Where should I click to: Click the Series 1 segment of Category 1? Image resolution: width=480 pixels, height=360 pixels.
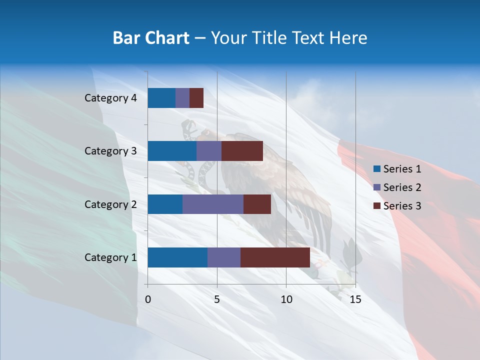click(177, 257)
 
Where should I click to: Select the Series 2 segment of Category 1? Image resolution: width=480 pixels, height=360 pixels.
click(224, 257)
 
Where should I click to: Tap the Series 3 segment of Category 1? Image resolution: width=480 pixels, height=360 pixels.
click(275, 257)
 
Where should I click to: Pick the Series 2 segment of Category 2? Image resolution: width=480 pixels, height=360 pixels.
click(213, 204)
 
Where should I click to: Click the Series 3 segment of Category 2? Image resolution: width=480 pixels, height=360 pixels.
click(257, 204)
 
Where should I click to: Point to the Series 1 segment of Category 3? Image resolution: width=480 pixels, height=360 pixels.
click(172, 151)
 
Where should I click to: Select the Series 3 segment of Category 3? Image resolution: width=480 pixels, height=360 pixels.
click(242, 151)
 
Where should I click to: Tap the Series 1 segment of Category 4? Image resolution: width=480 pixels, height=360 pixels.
click(161, 98)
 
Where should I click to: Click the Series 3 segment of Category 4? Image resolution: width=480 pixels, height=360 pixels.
click(196, 98)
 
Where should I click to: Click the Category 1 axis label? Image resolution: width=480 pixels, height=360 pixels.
click(110, 257)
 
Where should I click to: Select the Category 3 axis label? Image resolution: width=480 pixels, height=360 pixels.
click(110, 151)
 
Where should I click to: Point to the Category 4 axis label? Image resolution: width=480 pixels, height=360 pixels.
click(110, 98)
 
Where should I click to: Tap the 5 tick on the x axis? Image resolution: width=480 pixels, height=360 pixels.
click(217, 299)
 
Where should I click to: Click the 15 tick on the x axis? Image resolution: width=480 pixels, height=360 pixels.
click(355, 299)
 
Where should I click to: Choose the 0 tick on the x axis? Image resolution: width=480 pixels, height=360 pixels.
click(148, 299)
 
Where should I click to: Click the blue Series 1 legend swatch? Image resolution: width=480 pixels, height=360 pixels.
click(376, 169)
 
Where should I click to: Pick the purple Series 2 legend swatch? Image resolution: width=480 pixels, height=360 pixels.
click(376, 187)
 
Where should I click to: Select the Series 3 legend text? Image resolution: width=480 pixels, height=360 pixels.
click(402, 206)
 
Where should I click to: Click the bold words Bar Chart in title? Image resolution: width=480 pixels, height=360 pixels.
click(151, 38)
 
